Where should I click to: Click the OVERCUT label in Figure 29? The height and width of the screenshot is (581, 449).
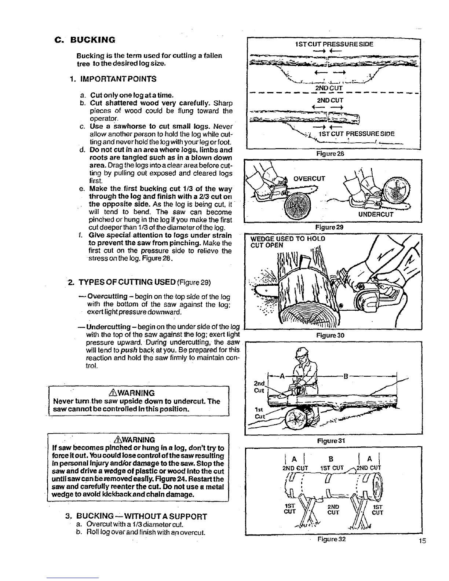tap(309, 179)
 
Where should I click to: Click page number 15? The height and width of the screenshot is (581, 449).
tap(423, 541)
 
